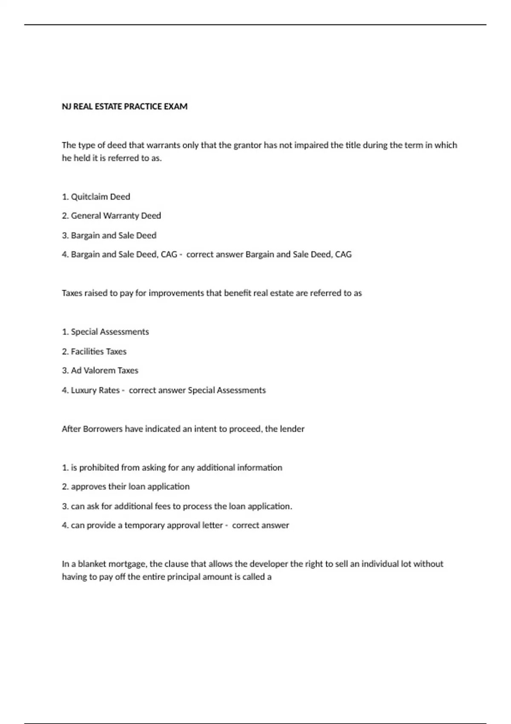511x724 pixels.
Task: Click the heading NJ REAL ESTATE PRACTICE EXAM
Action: point(124,106)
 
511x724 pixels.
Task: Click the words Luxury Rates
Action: point(95,390)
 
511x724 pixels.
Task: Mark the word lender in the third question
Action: point(292,429)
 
